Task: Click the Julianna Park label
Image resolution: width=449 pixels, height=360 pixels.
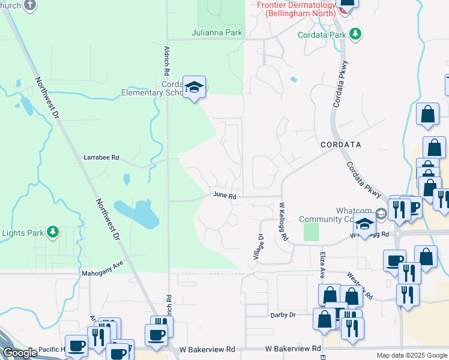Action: pos(217,32)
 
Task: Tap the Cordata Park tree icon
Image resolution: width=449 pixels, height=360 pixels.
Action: pos(356,34)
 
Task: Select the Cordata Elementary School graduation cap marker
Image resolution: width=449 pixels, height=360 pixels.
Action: pos(194,88)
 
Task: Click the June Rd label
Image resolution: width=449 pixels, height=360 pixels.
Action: pos(224,196)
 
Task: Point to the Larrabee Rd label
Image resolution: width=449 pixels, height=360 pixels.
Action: pos(101,158)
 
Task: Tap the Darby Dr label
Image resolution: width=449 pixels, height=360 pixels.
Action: pos(283,314)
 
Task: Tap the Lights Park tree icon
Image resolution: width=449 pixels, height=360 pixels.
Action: pos(53,231)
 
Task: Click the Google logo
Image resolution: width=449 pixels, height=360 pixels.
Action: pos(20,353)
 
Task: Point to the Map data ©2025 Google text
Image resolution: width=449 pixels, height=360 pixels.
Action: pos(411,355)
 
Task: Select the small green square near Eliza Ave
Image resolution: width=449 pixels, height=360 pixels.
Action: pos(311,232)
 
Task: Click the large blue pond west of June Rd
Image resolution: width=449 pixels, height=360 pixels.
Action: pos(139,213)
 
